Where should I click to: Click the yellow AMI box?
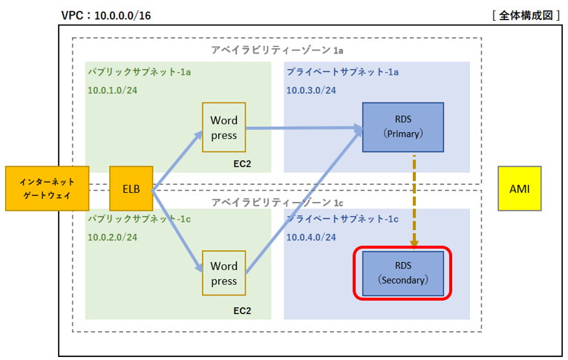tap(520, 189)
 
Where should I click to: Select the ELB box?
tap(131, 189)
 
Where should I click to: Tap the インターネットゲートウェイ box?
tap(47, 189)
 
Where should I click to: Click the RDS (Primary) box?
tap(403, 127)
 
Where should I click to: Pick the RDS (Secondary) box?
tap(403, 273)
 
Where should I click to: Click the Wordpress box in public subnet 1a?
tap(224, 127)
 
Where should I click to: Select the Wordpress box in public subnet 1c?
tap(224, 273)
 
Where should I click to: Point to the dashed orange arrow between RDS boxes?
tap(414, 202)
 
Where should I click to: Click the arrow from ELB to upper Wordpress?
tap(177, 160)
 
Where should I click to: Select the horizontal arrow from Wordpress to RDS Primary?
tap(304, 128)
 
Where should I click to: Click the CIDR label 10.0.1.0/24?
tap(112, 90)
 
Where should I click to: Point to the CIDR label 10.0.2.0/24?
tap(112, 238)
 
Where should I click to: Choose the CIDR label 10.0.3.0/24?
tap(311, 90)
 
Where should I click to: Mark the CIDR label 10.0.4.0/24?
tap(311, 238)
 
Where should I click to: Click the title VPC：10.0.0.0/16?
tap(106, 16)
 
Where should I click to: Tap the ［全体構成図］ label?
tap(526, 16)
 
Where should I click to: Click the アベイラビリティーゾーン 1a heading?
tap(277, 50)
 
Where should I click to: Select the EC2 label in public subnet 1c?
tap(242, 311)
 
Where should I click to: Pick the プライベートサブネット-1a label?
tap(343, 72)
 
